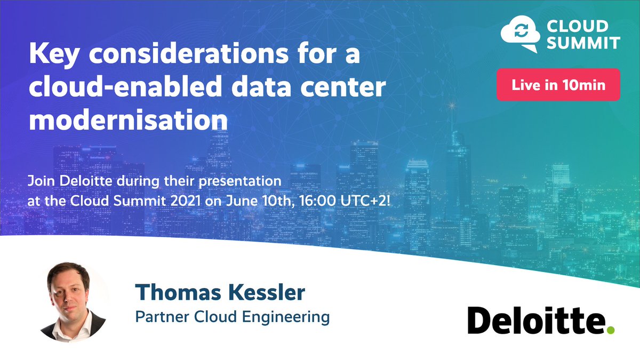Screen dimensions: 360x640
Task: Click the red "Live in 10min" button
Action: pyautogui.click(x=558, y=85)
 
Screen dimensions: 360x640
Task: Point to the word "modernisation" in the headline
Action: pyautogui.click(x=129, y=119)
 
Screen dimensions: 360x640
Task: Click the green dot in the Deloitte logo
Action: pyautogui.click(x=611, y=330)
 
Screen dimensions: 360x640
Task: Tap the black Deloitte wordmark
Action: pyautogui.click(x=537, y=321)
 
